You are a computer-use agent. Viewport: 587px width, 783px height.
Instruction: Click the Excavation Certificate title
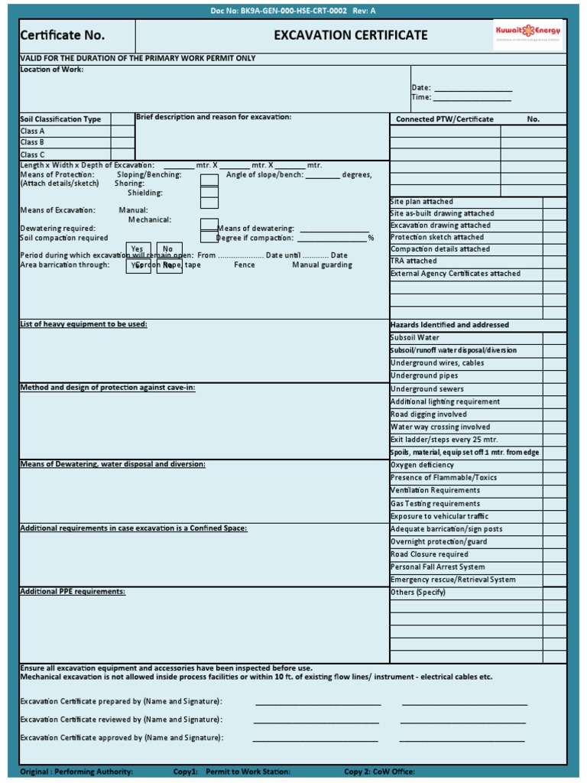pyautogui.click(x=351, y=35)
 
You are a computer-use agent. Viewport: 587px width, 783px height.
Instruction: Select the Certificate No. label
pyautogui.click(x=63, y=35)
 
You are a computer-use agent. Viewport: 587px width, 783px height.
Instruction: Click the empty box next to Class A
pyautogui.click(x=122, y=131)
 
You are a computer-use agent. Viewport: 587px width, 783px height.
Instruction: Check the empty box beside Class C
pyautogui.click(x=122, y=154)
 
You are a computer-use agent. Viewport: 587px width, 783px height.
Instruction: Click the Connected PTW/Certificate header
pyautogui.click(x=444, y=119)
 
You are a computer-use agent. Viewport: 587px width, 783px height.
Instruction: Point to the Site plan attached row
pyautogui.click(x=421, y=202)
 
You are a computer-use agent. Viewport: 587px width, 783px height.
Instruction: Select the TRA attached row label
pyautogui.click(x=413, y=261)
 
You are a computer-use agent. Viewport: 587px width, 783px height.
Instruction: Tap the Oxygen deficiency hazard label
pyautogui.click(x=422, y=465)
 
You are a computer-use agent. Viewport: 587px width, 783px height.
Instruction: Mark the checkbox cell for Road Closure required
pyautogui.click(x=554, y=554)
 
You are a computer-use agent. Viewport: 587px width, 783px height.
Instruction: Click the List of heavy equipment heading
pyautogui.click(x=83, y=324)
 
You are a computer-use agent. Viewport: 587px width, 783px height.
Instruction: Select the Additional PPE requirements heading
pyautogui.click(x=73, y=592)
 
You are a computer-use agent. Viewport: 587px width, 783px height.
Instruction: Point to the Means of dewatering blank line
pyautogui.click(x=334, y=229)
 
